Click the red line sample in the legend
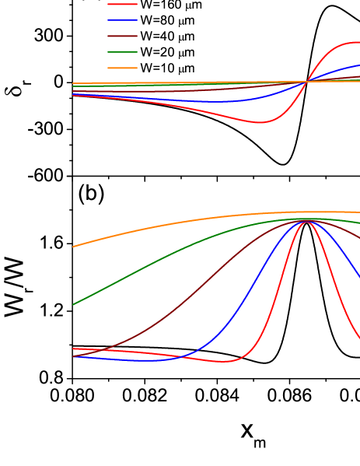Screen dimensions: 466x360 pos(122,4)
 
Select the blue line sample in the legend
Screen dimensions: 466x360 pos(122,20)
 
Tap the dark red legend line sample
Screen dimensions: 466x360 pos(122,36)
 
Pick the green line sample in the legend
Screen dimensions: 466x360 pos(122,52)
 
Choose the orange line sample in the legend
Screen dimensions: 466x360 pos(122,68)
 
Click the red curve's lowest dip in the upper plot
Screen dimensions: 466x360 pos(260,122)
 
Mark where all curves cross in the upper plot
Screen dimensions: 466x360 pos(306,81)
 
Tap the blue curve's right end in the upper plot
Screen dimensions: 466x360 pos(358,65)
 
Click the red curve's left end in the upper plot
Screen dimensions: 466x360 pos(73,96)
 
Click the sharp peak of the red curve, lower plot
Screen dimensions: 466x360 pos(306,222)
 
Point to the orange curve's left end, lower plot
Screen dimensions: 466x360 pos(73,247)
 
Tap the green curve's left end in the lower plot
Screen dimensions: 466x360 pos(73,304)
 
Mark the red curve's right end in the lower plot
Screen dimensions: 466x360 pos(358,338)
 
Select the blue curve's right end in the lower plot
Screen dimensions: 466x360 pos(358,277)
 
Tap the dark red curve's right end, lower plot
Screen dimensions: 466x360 pos(358,238)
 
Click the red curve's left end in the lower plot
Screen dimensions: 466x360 pos(73,349)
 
